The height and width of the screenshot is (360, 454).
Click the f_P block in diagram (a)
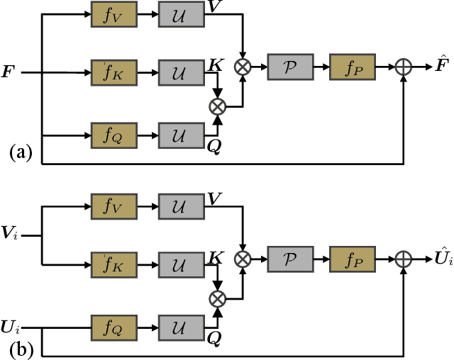click(350, 67)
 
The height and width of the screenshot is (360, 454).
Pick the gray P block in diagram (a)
click(289, 67)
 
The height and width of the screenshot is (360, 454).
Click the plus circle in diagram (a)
click(404, 67)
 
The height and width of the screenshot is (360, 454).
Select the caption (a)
click(21, 152)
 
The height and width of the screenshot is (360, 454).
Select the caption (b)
click(21, 349)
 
